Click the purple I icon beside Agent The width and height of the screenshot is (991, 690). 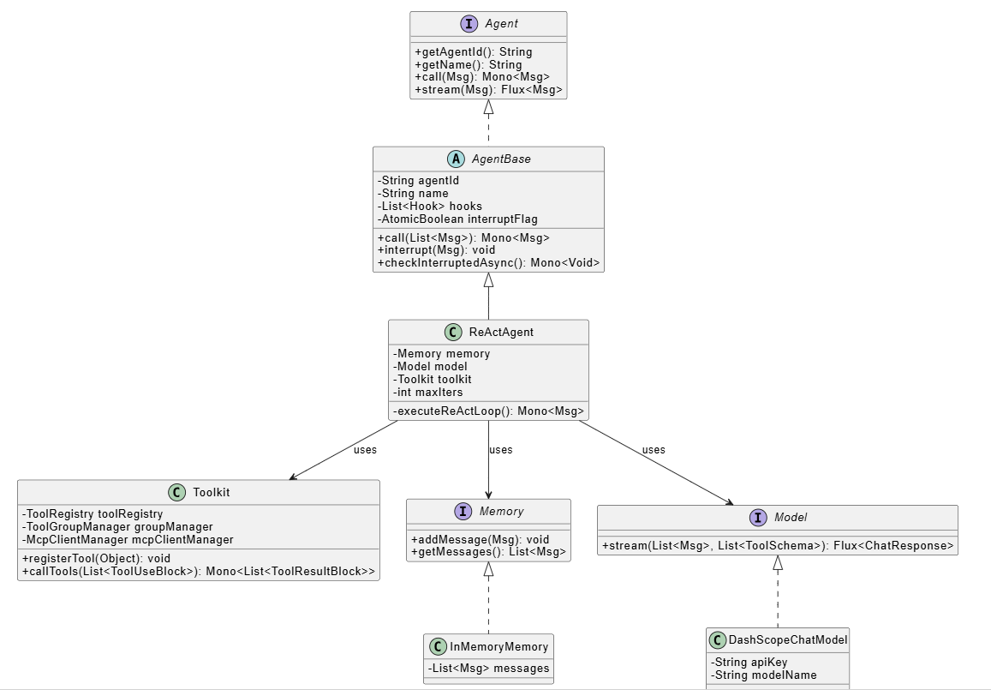pyautogui.click(x=469, y=25)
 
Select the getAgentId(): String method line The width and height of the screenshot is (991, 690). pyautogui.click(x=473, y=52)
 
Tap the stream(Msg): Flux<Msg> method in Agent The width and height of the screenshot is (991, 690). pyautogui.click(x=488, y=89)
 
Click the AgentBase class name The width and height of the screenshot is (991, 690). pyautogui.click(x=501, y=159)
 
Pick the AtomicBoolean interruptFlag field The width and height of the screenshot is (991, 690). pyautogui.click(x=457, y=219)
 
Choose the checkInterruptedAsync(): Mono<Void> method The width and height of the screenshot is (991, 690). pyautogui.click(x=488, y=263)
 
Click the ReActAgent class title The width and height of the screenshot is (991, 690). pyautogui.click(x=501, y=333)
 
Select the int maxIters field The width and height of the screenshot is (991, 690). pyautogui.click(x=427, y=392)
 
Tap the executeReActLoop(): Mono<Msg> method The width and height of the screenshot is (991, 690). pyautogui.click(x=488, y=411)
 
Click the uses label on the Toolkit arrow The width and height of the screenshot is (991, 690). pyautogui.click(x=365, y=449)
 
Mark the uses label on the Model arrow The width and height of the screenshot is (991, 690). pyautogui.click(x=653, y=449)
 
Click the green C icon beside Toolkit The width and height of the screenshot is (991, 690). pyautogui.click(x=176, y=493)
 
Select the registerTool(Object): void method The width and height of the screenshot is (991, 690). pyautogui.click(x=96, y=559)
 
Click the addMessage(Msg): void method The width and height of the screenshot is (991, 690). pyautogui.click(x=480, y=539)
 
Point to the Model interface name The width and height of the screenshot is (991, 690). pyautogui.click(x=790, y=518)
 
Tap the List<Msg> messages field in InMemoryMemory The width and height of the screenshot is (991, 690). pyautogui.click(x=488, y=669)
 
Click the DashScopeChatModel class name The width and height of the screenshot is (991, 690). pyautogui.click(x=787, y=640)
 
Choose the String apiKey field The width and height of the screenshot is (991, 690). pyautogui.click(x=749, y=662)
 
